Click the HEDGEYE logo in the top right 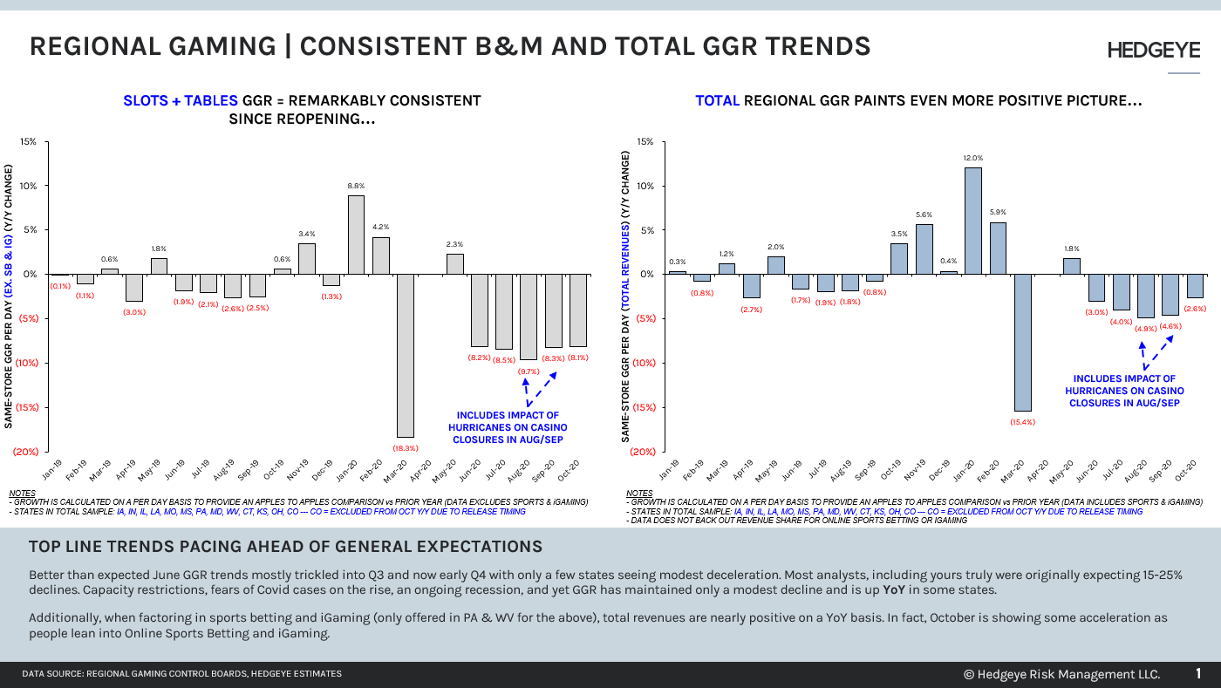pyautogui.click(x=1153, y=51)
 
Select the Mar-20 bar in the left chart pyautogui.click(x=406, y=355)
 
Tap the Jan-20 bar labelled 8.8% pyautogui.click(x=356, y=235)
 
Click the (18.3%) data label pyautogui.click(x=406, y=448)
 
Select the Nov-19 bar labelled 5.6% pyautogui.click(x=924, y=249)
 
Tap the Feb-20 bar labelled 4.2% pyautogui.click(x=381, y=255)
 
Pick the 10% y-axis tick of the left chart pyautogui.click(x=30, y=186)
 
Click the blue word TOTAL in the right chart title pyautogui.click(x=717, y=101)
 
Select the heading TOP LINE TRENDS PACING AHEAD pyautogui.click(x=285, y=547)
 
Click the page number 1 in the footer pyautogui.click(x=1198, y=673)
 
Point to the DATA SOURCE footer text pyautogui.click(x=181, y=674)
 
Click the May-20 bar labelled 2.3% pyautogui.click(x=455, y=264)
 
